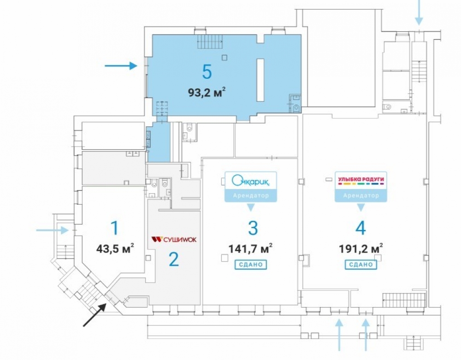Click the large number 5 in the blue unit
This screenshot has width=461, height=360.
pos(207,72)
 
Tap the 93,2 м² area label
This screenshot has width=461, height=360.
pos(207,93)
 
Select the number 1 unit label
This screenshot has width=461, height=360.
pos(115,228)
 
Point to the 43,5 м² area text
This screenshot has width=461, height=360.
pos(115,248)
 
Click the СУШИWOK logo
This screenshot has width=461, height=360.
pos(174,240)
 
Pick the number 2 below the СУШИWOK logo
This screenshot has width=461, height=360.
pos(174,259)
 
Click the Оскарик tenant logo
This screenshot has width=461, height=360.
pos(251,180)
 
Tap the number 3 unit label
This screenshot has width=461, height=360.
pos(253,228)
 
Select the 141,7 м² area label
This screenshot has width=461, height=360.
pos(250,248)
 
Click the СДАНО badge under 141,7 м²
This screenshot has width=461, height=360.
pos(250,265)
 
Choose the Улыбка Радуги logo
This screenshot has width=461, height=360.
pos(361,180)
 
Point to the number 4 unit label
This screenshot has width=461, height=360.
pos(361,228)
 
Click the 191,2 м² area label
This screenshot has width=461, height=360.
pos(361,248)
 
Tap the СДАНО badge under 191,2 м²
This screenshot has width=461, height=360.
pos(361,265)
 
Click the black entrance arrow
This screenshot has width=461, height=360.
pos(95,315)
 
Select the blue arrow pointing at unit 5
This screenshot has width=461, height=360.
pos(121,65)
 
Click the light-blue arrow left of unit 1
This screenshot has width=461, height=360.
pos(53,230)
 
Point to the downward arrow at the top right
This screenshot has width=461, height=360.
pos(419,12)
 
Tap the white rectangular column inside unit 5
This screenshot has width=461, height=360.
pos(260,80)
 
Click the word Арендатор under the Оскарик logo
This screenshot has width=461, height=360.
pos(251,195)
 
